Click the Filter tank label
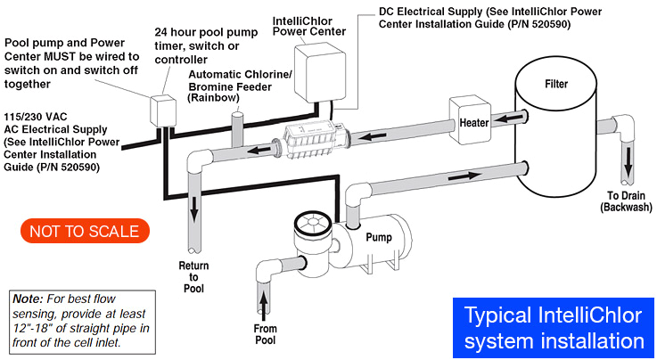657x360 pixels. [x=555, y=85]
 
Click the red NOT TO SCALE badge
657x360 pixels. [x=85, y=232]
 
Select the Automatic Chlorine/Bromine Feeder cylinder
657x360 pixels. [x=236, y=129]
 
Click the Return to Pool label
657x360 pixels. [x=193, y=277]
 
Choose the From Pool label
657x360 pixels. [x=265, y=334]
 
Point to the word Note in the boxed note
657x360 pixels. [x=27, y=299]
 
